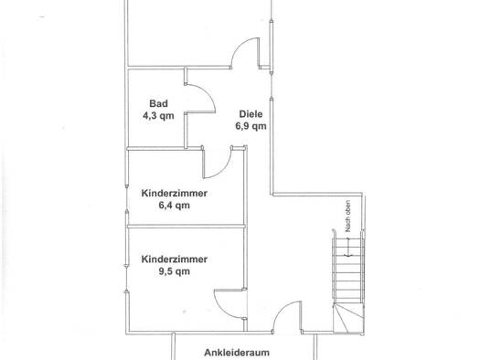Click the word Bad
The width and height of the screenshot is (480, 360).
(x=158, y=103)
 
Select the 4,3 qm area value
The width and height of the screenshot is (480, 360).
(x=158, y=116)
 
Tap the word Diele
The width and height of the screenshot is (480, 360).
(x=251, y=114)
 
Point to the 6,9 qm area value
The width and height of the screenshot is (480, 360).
(x=251, y=126)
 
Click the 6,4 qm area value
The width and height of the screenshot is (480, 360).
(x=175, y=206)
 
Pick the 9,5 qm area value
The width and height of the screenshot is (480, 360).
(x=175, y=271)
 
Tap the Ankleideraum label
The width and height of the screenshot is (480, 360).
(x=237, y=353)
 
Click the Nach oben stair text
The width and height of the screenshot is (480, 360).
(x=347, y=217)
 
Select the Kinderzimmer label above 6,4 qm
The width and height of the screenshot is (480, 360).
(x=175, y=194)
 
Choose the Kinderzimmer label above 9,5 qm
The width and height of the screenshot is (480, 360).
(x=175, y=259)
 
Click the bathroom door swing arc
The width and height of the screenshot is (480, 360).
(x=208, y=93)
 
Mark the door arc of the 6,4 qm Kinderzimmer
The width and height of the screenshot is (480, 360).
(x=224, y=169)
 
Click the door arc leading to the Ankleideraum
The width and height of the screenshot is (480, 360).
(x=281, y=308)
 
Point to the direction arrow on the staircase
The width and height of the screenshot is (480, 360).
(x=348, y=247)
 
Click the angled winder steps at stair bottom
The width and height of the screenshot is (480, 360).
(x=348, y=318)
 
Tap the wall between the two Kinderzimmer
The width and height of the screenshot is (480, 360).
(x=187, y=226)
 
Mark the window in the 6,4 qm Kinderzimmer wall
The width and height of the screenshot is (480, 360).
(x=127, y=198)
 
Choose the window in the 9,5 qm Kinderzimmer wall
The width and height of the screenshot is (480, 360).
(x=126, y=279)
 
